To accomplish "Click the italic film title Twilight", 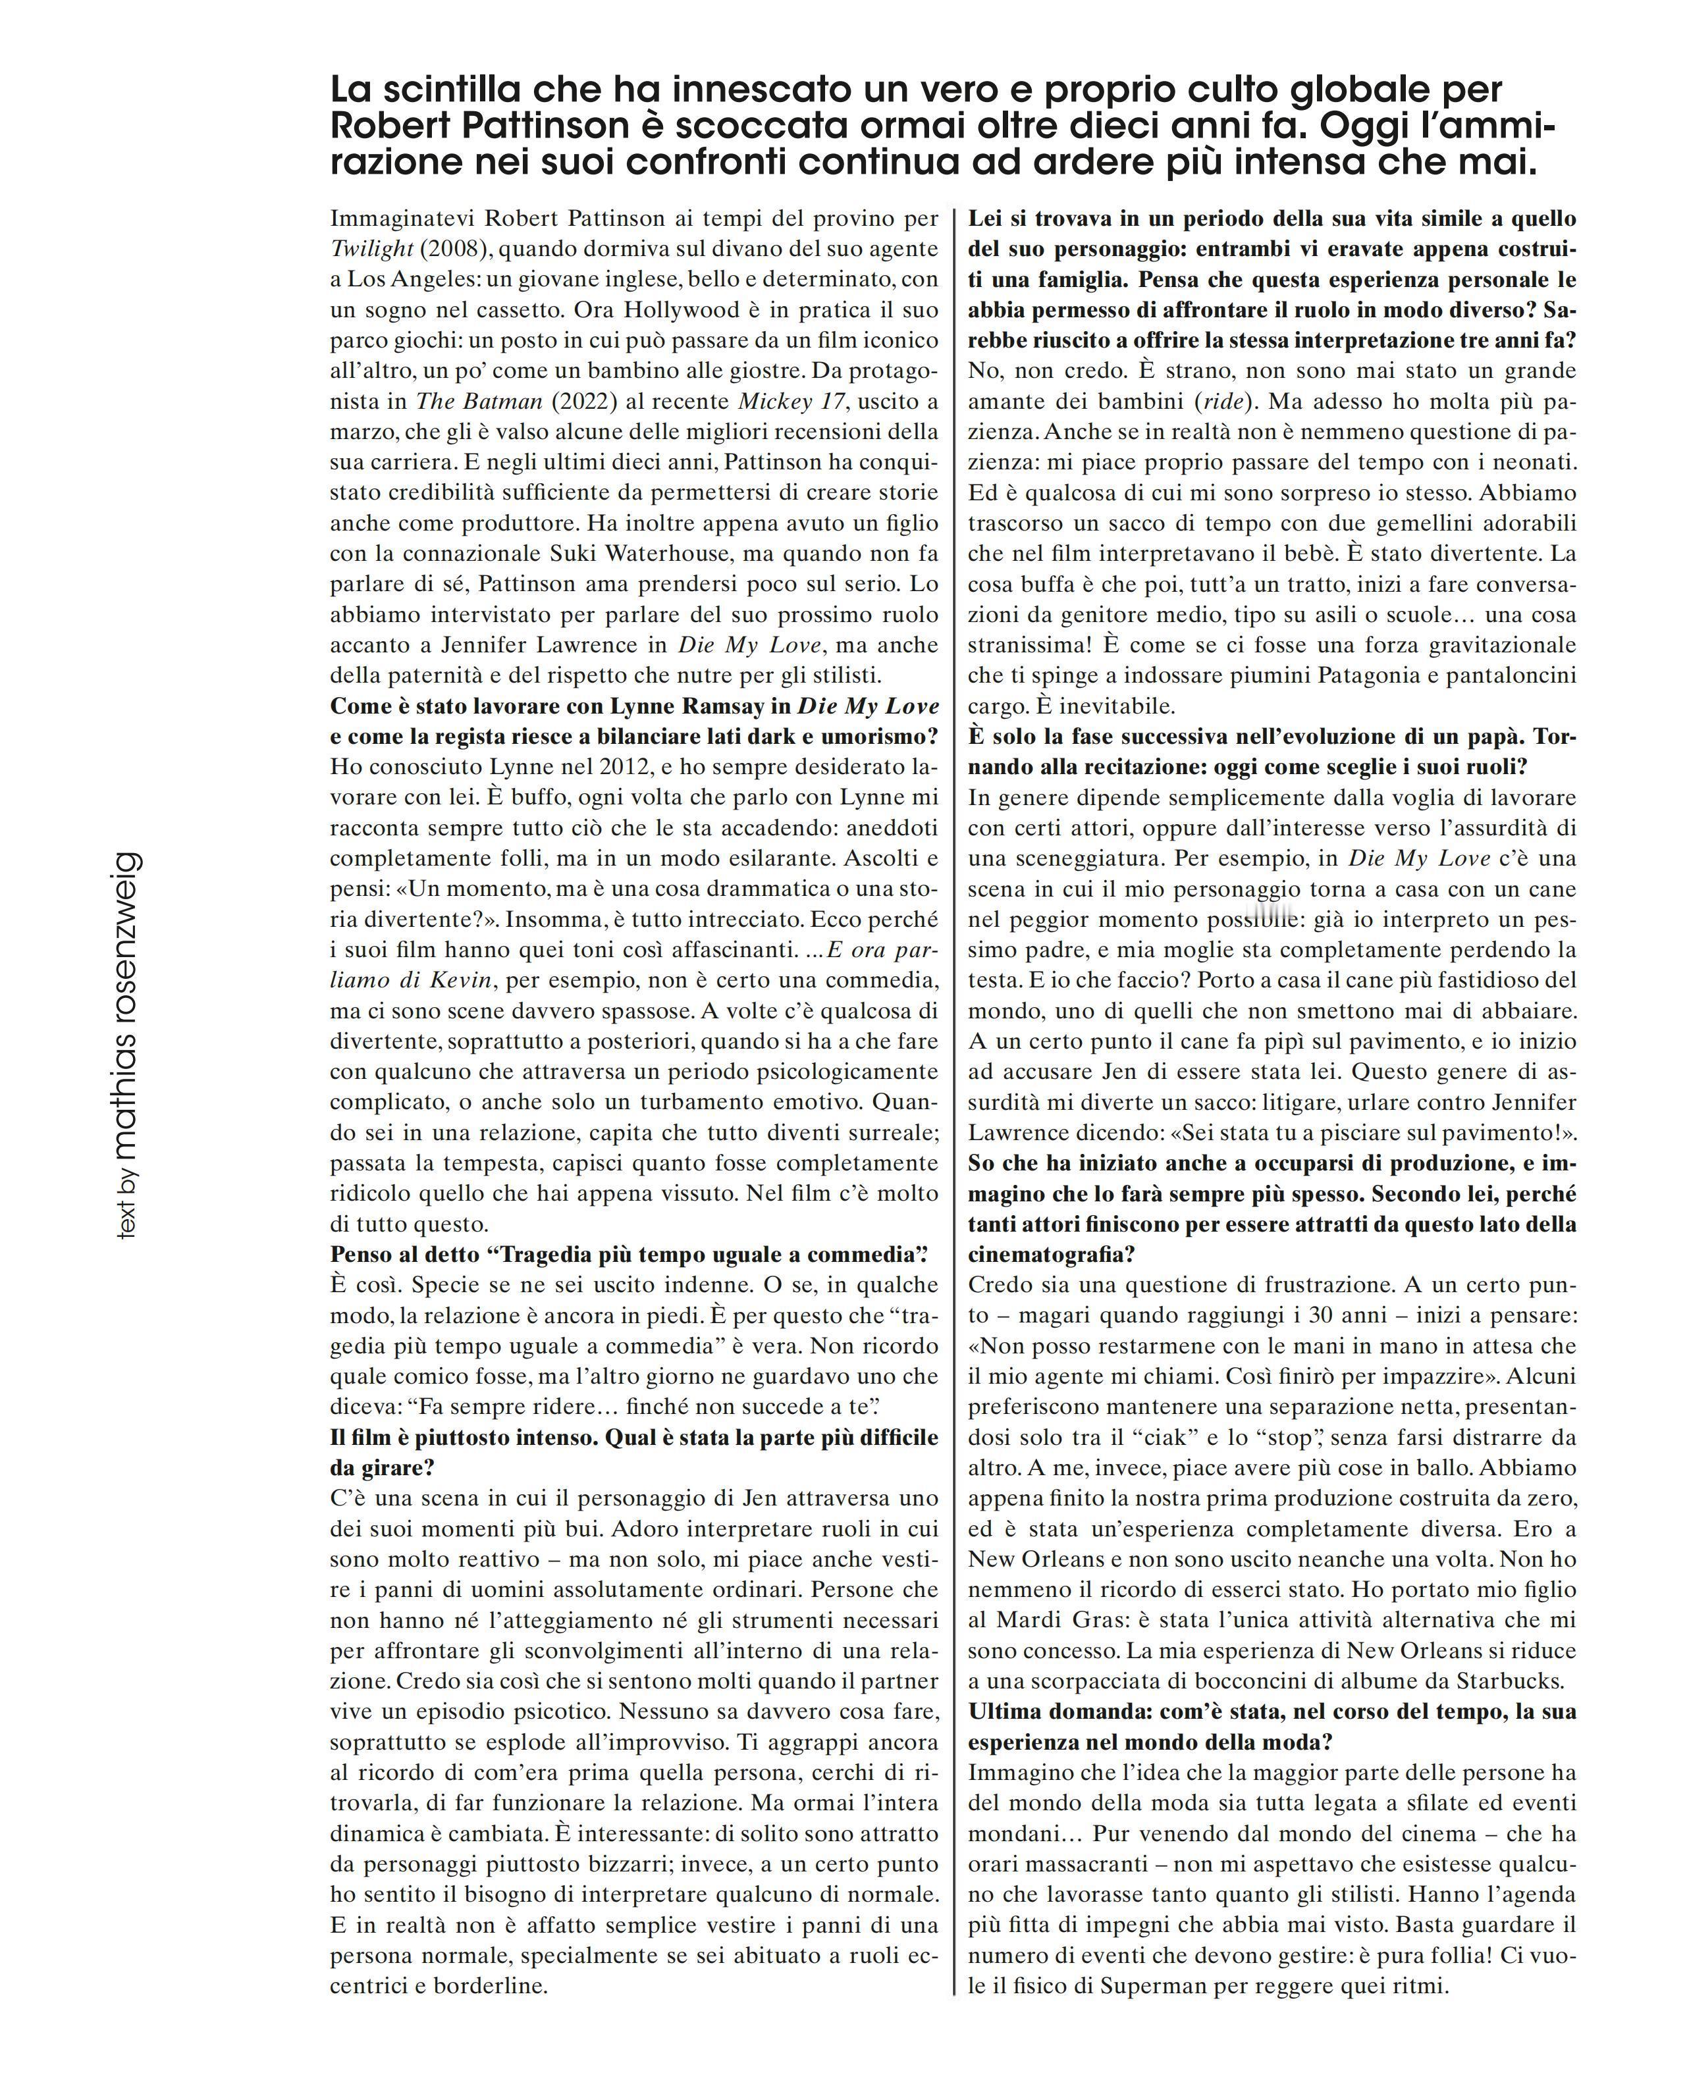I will click(371, 249).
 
